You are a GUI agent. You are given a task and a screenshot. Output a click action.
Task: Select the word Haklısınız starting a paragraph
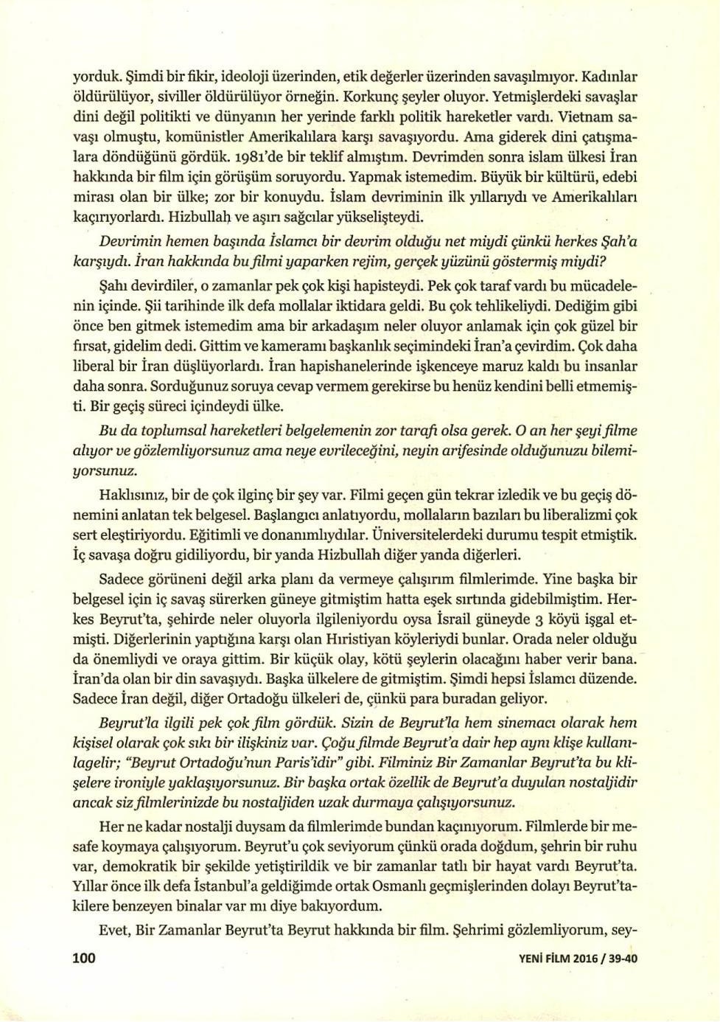tap(132, 492)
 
